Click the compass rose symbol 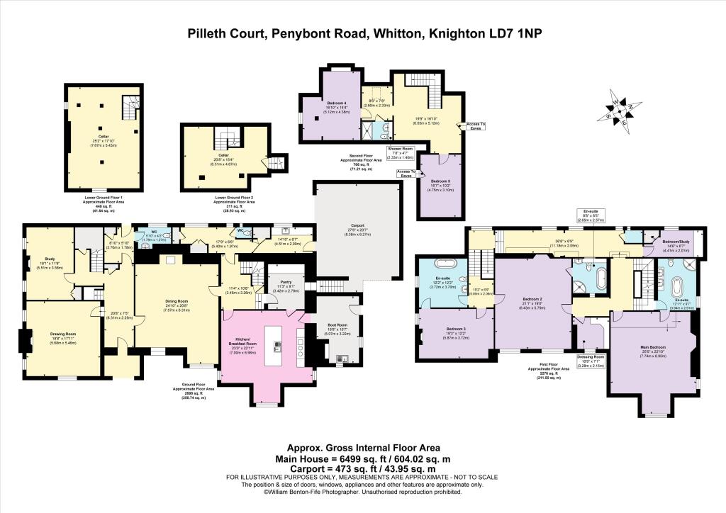pos(618,111)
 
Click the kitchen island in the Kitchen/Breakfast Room pos(274,346)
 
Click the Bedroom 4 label pos(337,102)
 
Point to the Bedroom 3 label pos(457,329)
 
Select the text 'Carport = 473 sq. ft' pos(328,470)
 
